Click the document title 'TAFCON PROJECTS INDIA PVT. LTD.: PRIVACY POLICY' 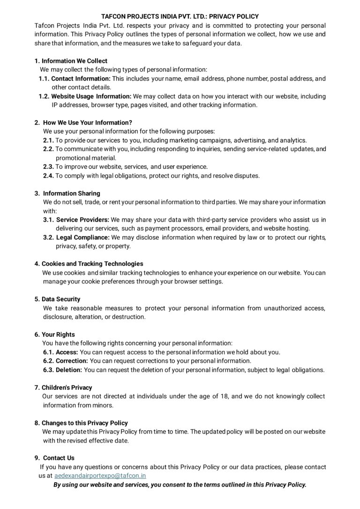[x=180, y=16]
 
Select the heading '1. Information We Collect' [x=71, y=61]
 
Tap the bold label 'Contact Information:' [x=81, y=78]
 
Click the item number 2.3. [x=48, y=167]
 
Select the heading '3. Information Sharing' [x=67, y=193]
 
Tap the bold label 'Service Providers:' [x=82, y=220]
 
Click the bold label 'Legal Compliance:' [x=82, y=238]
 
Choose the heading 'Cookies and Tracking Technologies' [x=92, y=264]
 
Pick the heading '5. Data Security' [x=57, y=299]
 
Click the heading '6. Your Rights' [x=54, y=335]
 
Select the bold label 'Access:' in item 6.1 [x=67, y=352]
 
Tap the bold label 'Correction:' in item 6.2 [x=72, y=361]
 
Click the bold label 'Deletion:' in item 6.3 [x=69, y=370]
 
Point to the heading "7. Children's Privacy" [x=63, y=388]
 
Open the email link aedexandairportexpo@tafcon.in [x=100, y=476]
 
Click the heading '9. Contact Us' [x=54, y=458]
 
